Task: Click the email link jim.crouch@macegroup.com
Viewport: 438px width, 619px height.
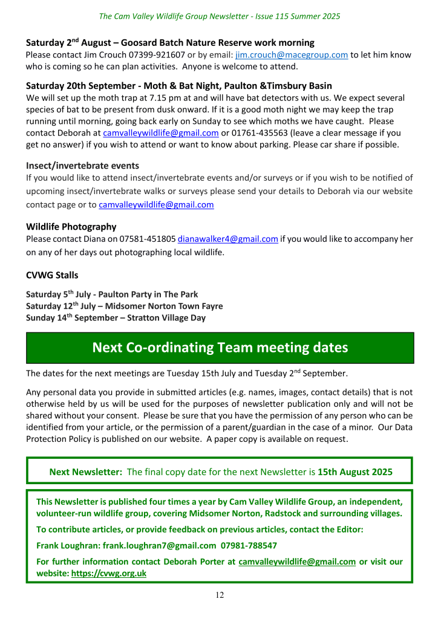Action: [x=291, y=55]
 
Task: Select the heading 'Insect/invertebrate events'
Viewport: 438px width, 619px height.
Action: [x=82, y=166]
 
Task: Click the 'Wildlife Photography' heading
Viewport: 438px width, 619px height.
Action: [x=71, y=227]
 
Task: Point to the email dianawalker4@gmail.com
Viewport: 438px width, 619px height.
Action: [x=227, y=239]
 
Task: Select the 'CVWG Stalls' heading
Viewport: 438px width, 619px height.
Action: [x=52, y=275]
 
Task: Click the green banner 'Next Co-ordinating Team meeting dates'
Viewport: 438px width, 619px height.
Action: [x=220, y=348]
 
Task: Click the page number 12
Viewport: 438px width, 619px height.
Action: [x=219, y=595]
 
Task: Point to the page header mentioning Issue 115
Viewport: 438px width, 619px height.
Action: [x=219, y=16]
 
